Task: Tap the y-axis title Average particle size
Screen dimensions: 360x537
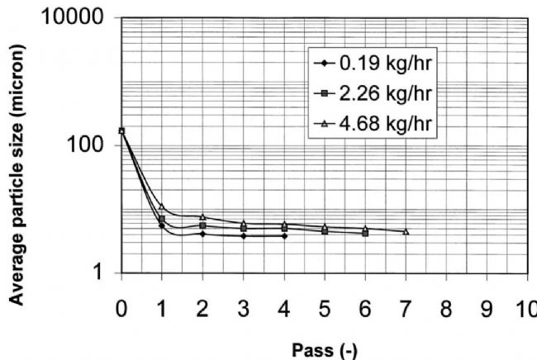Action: [x=18, y=164]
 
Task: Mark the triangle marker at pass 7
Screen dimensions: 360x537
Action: [x=406, y=231]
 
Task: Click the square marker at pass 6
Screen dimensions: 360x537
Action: [x=365, y=234]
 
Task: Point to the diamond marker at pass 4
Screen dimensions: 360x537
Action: [x=284, y=236]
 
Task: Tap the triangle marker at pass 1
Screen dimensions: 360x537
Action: [x=162, y=206]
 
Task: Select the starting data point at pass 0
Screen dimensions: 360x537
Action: [x=121, y=130]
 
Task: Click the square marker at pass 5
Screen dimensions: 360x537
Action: [x=325, y=231]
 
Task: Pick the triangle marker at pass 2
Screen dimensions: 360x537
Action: [x=202, y=217]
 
